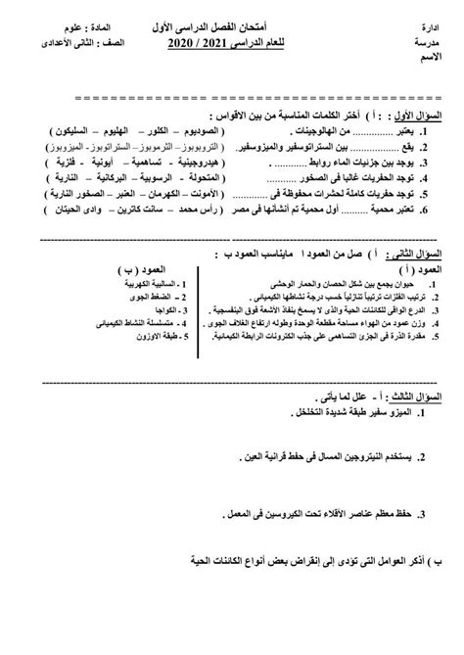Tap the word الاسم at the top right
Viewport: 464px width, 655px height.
pyautogui.click(x=442, y=59)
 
